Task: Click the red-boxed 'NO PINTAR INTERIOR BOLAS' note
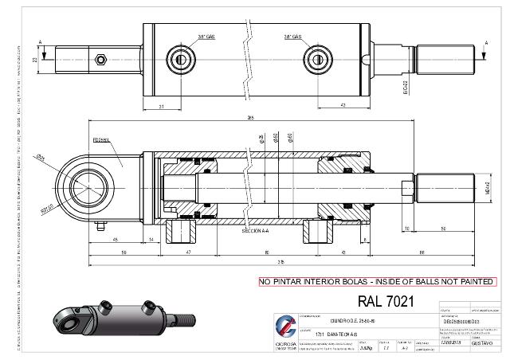click(377, 282)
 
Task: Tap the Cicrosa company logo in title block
click(284, 327)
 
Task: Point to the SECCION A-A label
click(256, 230)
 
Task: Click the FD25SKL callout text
click(102, 140)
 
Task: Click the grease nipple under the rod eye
click(102, 225)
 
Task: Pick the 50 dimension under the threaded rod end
click(442, 230)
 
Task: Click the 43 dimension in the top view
click(341, 104)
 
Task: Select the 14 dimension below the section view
click(151, 239)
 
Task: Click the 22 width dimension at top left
click(34, 59)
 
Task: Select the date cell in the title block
click(451, 342)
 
